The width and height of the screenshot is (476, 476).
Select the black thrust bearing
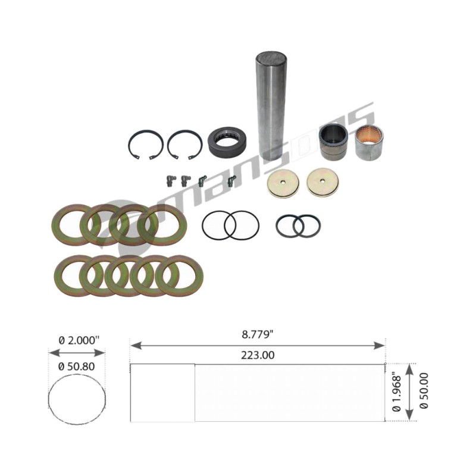pos(227,142)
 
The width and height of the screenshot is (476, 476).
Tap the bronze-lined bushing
pos(369,142)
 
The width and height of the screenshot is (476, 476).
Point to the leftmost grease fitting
pos(169,181)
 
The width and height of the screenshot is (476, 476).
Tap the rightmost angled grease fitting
pos(231,181)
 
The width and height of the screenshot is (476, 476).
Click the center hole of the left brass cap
pos(283,182)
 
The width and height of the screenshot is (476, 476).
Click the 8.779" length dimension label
pos(257,334)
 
